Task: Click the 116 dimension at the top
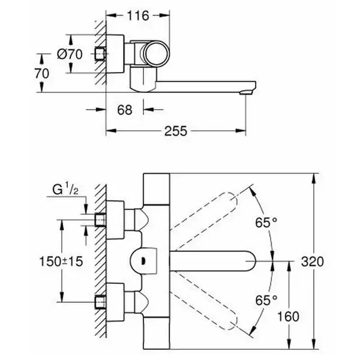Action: point(138,16)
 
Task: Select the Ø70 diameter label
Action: point(70,55)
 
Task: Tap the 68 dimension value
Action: point(125,110)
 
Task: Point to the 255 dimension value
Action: point(176,131)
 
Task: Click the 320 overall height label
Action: point(312,261)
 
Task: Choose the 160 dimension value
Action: point(289,316)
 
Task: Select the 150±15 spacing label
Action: point(61,261)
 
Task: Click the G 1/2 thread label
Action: point(65,189)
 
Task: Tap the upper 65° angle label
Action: point(266,222)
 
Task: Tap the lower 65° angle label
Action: point(266,300)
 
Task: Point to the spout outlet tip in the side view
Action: point(246,92)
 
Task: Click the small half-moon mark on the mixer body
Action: point(143,261)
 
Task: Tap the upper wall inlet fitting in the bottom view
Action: point(100,220)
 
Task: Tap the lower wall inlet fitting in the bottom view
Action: point(100,302)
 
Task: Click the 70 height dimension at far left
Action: point(42,73)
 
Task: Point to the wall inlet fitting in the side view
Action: point(100,55)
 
